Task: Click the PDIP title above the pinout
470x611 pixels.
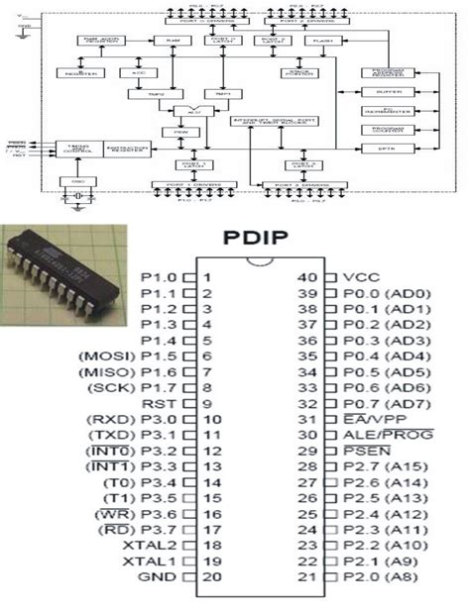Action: [x=262, y=238]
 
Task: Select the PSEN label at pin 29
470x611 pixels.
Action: [x=364, y=452]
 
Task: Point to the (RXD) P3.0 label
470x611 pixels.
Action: [x=132, y=420]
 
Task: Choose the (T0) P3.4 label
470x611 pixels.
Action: [x=140, y=483]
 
